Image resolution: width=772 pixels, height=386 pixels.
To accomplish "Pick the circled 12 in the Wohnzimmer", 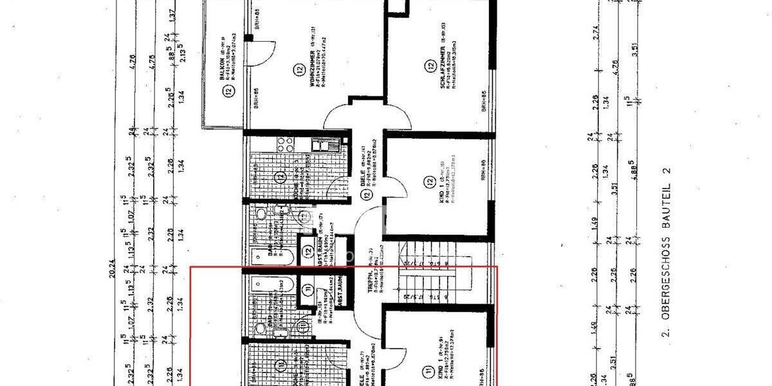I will click(x=298, y=70).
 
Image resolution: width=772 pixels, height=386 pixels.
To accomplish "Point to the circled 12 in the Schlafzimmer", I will click(x=430, y=65).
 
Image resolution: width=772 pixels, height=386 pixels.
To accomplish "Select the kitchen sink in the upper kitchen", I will click(x=320, y=144).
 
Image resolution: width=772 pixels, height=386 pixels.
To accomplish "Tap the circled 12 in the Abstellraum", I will click(x=307, y=253).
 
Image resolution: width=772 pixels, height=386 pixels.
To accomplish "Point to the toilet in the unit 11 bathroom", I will click(x=261, y=328).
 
